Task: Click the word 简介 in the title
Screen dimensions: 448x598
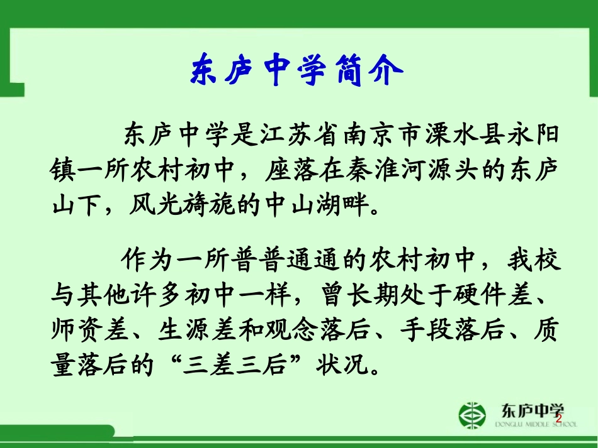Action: tap(367, 71)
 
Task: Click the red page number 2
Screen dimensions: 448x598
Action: tap(558, 418)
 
